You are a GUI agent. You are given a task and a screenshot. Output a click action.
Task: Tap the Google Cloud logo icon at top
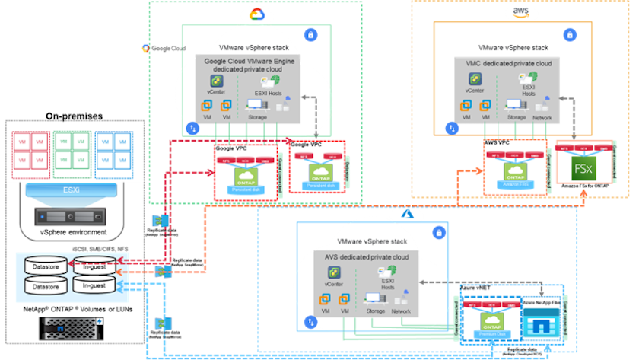click(256, 14)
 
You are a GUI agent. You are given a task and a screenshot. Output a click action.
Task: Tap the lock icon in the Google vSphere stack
click(310, 35)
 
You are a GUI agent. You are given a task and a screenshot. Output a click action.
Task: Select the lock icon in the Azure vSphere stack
click(438, 232)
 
